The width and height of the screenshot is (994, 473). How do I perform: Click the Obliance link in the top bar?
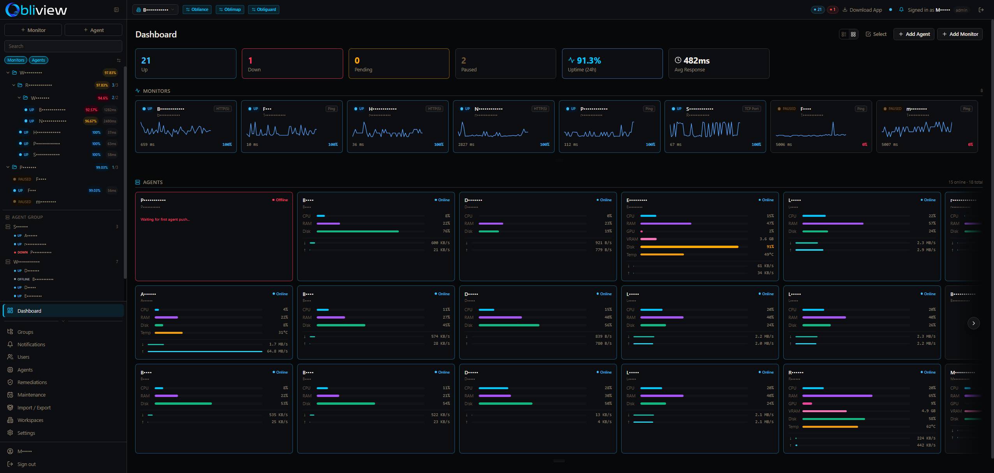[197, 9]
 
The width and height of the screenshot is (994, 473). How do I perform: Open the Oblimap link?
[230, 9]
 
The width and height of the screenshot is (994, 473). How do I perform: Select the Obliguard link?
[264, 9]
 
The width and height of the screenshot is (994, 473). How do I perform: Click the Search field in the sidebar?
[63, 46]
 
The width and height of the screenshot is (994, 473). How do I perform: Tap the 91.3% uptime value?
[588, 60]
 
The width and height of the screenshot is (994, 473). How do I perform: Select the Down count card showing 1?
[292, 64]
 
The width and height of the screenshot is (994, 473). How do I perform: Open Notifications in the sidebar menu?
[31, 344]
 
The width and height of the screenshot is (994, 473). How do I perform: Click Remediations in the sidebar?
[32, 382]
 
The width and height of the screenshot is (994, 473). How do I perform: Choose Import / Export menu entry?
[34, 407]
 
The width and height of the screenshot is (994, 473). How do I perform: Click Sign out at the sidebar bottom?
[26, 464]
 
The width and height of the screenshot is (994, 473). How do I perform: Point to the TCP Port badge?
[751, 109]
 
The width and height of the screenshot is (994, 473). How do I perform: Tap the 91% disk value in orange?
[770, 247]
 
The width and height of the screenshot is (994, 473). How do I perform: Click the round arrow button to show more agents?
[973, 323]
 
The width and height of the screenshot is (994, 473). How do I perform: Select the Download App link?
[865, 10]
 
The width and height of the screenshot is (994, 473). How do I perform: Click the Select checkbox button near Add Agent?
[876, 34]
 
